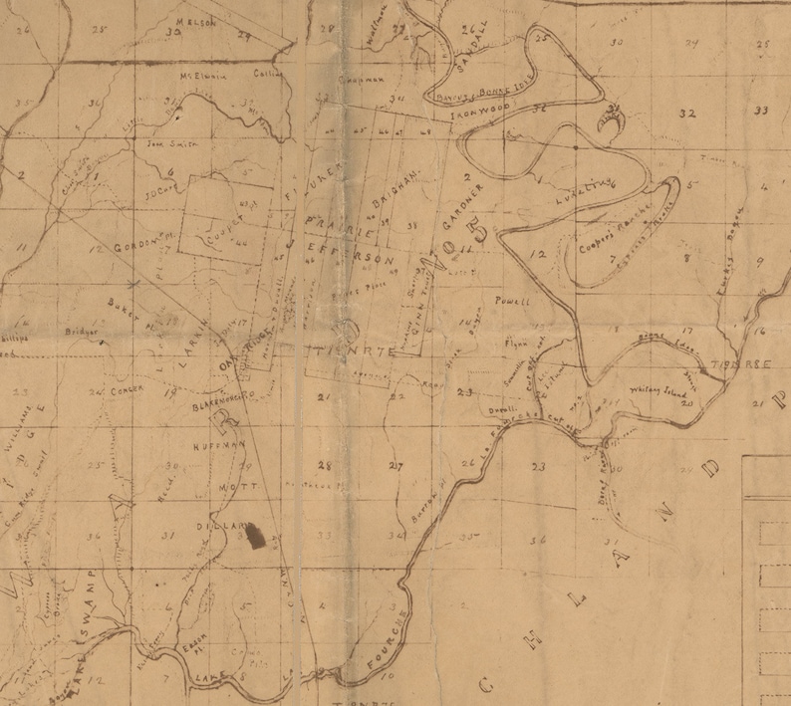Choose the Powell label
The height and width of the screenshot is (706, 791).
[512, 301]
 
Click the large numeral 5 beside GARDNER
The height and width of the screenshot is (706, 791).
[483, 233]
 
